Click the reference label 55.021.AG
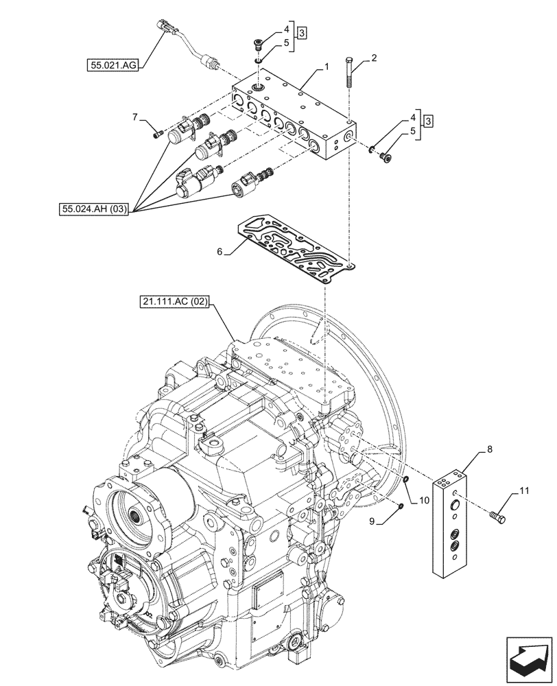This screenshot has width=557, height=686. (x=113, y=66)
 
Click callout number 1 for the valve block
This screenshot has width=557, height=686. (x=327, y=67)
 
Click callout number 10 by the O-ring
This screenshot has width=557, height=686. (x=423, y=501)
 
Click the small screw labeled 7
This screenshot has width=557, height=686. (x=159, y=133)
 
